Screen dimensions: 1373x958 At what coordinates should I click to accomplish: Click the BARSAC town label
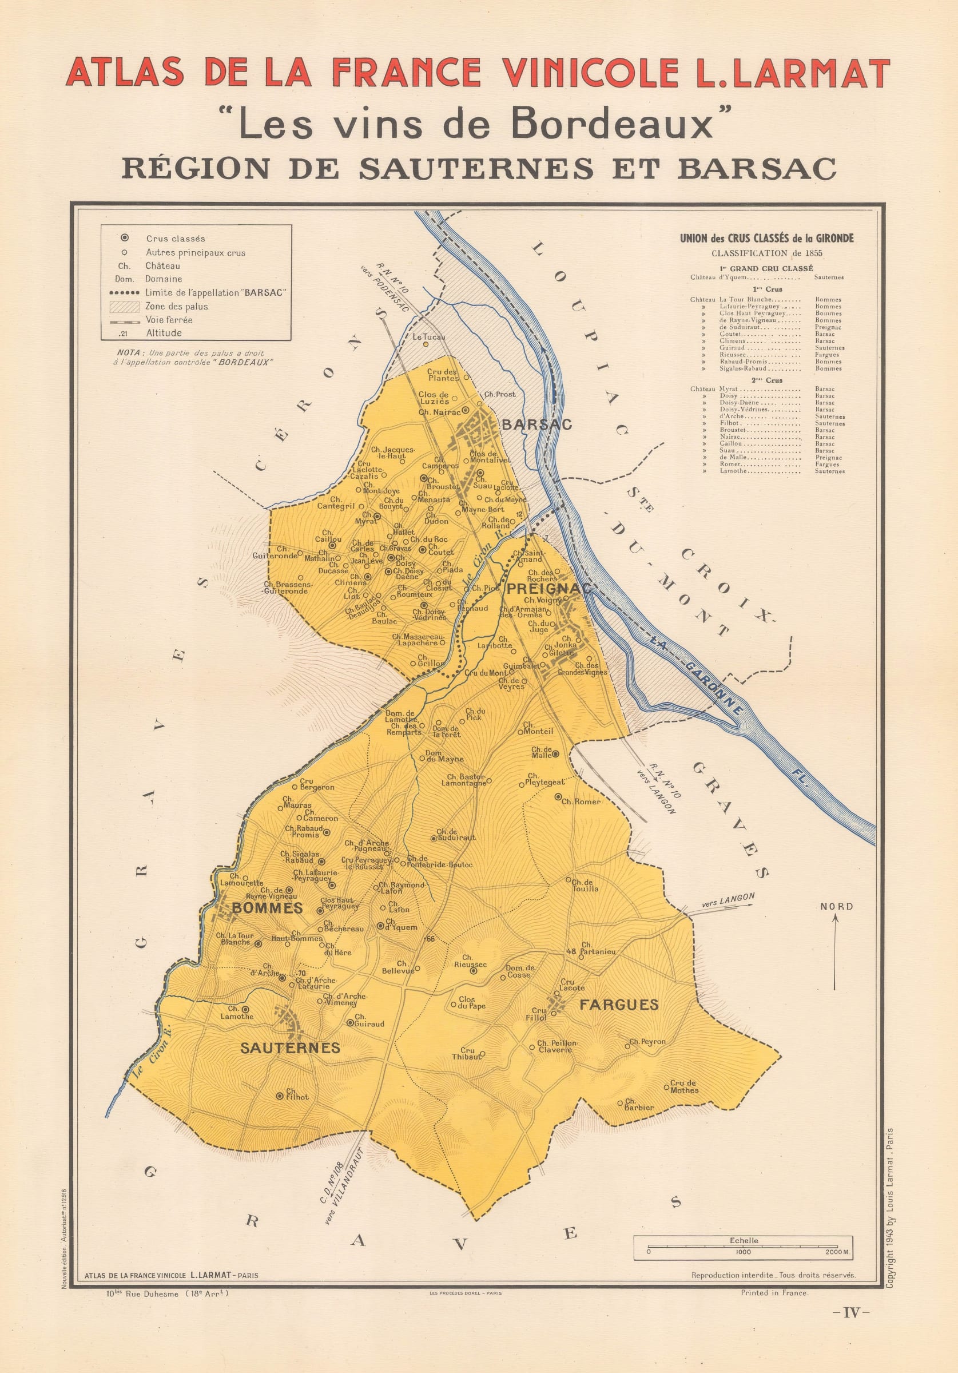coord(536,424)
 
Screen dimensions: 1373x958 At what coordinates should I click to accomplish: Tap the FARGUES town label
coord(619,1005)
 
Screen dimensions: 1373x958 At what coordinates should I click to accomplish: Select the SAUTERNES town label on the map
coord(290,1047)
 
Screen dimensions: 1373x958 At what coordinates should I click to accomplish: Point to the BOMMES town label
coord(267,908)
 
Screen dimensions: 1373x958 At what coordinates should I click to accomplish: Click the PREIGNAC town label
coord(547,589)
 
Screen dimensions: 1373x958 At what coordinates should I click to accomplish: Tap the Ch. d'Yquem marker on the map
coord(380,926)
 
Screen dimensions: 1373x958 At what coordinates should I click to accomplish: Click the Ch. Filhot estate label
coord(297,1095)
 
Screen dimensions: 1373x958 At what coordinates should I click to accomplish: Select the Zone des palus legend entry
coord(176,306)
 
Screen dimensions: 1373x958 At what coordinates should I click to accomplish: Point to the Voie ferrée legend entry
coord(169,320)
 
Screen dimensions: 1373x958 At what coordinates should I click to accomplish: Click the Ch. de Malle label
coord(542,752)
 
